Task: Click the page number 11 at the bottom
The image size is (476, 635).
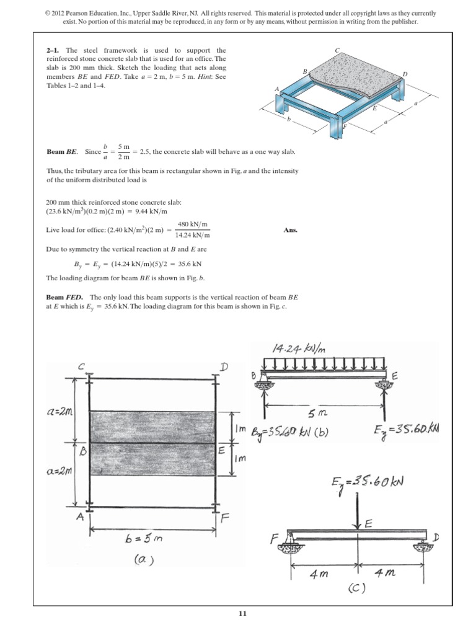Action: tap(242, 614)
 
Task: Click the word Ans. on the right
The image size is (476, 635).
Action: tap(291, 229)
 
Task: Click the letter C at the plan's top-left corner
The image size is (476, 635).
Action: tap(81, 366)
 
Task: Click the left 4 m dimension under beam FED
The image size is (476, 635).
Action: tap(320, 574)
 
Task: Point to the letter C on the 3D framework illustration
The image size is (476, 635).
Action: tap(337, 50)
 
